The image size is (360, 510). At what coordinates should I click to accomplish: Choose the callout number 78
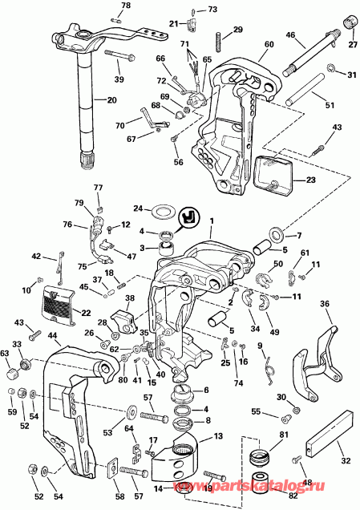click(125, 6)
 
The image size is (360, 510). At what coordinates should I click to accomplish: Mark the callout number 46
click(290, 34)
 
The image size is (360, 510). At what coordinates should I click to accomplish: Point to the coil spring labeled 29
click(216, 37)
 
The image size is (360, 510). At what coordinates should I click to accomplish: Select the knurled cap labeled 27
click(349, 21)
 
